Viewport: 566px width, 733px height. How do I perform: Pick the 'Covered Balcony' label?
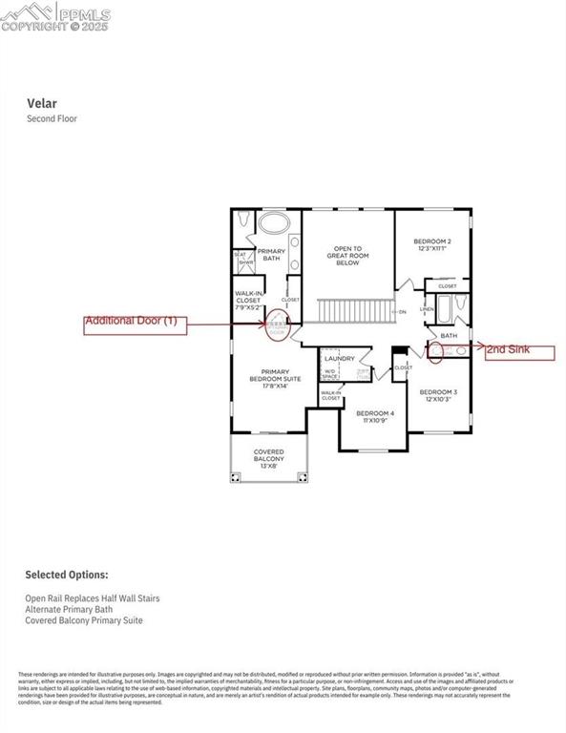[x=268, y=456]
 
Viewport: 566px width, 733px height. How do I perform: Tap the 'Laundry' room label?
[x=339, y=359]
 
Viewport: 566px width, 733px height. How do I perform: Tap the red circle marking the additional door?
[x=278, y=325]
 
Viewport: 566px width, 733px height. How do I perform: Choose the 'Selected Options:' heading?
[x=66, y=576]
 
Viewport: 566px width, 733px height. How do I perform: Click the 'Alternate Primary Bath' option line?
[x=66, y=608]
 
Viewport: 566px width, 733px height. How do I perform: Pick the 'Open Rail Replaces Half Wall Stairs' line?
[x=92, y=597]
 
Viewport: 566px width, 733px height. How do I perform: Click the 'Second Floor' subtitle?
[x=52, y=119]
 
